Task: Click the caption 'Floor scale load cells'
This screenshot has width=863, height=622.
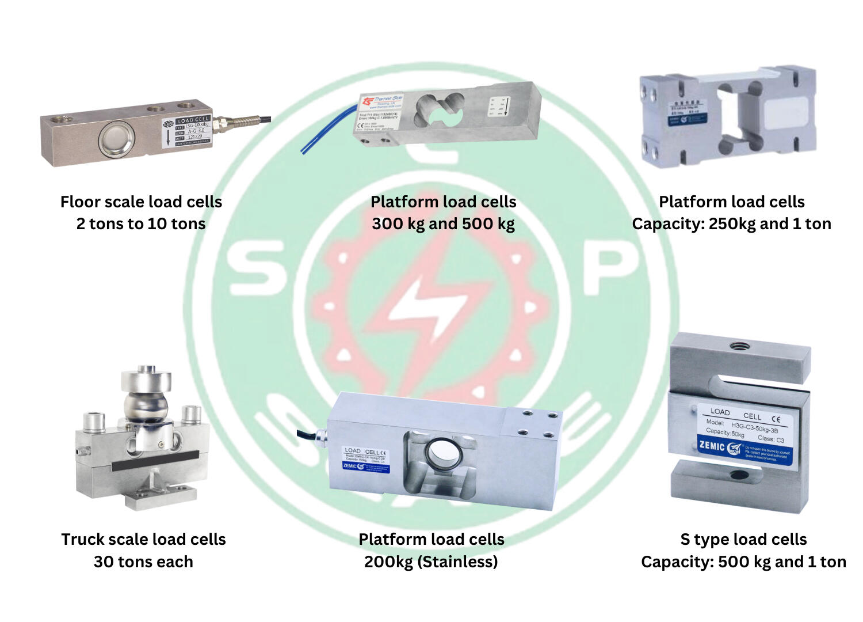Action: pos(141,202)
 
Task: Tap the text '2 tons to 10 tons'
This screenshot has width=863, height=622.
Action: pos(141,223)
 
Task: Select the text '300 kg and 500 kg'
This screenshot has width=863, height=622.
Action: pos(443,223)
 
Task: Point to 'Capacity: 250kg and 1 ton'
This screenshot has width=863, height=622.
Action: pos(731,223)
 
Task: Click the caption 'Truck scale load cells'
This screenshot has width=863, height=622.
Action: pos(143,539)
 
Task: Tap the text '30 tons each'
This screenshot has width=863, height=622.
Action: pos(143,562)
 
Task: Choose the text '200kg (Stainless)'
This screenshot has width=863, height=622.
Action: pos(431,562)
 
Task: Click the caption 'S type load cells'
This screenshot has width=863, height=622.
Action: pos(743,539)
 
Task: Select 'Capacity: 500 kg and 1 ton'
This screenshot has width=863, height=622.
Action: pos(743,562)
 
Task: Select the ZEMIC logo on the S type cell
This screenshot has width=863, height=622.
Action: pos(712,445)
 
